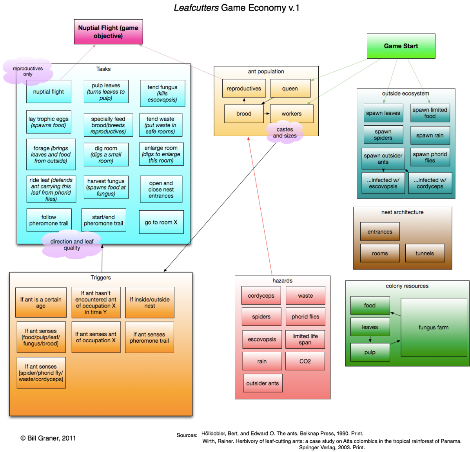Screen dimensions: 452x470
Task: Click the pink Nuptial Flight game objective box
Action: [108, 32]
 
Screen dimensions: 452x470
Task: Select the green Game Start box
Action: [401, 46]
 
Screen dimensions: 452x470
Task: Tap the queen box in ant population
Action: [290, 89]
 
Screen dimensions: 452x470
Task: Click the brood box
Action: [244, 114]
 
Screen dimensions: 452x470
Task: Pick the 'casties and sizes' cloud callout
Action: [285, 133]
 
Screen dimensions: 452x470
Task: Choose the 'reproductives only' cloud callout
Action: [27, 71]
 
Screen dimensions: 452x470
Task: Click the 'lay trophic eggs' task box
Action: [49, 122]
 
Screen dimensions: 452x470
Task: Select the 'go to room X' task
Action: [161, 222]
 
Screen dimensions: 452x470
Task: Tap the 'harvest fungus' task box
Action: [106, 187]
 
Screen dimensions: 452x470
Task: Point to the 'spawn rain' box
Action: [430, 135]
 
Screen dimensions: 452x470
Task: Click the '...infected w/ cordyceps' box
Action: [430, 183]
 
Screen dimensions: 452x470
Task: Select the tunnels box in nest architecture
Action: [425, 253]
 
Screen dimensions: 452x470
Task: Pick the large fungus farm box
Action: [434, 327]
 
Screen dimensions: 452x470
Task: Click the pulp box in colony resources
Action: [370, 352]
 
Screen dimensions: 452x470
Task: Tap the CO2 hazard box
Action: [305, 361]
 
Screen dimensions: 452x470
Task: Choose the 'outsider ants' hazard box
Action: [263, 383]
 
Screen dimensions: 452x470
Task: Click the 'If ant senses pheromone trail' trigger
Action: [149, 337]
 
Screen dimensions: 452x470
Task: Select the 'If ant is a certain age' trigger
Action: [41, 302]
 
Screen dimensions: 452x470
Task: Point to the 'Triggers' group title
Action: [101, 277]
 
